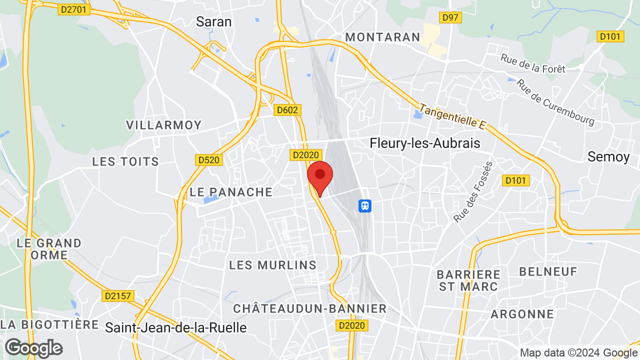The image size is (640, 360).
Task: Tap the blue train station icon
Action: (x=365, y=205)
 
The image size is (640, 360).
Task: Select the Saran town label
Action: (x=213, y=21)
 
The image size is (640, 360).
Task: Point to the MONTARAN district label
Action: (x=382, y=37)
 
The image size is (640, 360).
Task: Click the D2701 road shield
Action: (x=74, y=9)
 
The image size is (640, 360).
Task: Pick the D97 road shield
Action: (x=450, y=18)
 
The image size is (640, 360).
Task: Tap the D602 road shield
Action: (x=287, y=110)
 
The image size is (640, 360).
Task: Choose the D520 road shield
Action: (x=208, y=160)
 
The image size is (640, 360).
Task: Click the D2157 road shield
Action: (x=118, y=296)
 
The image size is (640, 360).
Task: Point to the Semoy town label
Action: (x=608, y=156)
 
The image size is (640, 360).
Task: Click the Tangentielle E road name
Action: (x=452, y=116)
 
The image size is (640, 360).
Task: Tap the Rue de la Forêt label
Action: (x=532, y=63)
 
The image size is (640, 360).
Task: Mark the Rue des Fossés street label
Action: (x=473, y=191)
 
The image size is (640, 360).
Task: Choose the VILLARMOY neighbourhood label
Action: (x=163, y=125)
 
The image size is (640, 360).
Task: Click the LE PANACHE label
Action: (x=231, y=192)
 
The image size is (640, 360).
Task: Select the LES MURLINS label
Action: (x=273, y=265)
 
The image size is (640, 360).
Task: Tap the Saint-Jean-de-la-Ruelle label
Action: (x=176, y=327)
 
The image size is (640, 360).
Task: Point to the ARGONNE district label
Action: (x=522, y=314)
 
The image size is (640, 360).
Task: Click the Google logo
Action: (x=34, y=348)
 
